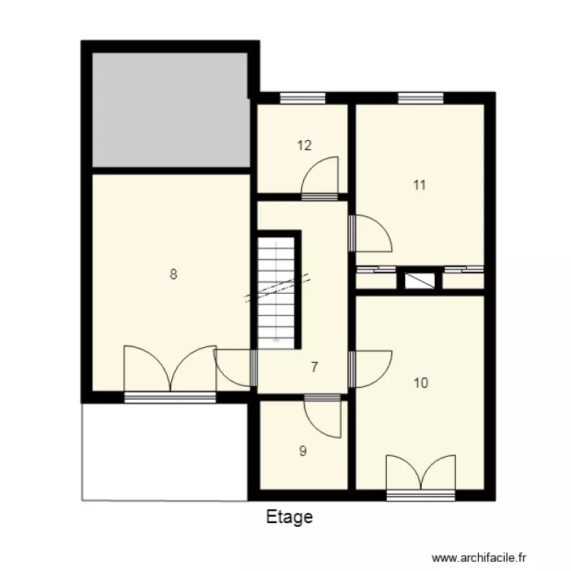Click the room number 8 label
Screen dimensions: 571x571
click(174, 275)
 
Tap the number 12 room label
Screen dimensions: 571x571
click(305, 145)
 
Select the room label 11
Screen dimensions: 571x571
click(419, 184)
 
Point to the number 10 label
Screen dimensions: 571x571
click(420, 383)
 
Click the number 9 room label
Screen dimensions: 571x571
click(303, 451)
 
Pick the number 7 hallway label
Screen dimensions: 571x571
click(314, 366)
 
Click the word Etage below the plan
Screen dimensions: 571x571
click(289, 518)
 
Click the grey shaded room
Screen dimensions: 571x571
click(170, 108)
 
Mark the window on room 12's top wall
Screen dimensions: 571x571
click(302, 97)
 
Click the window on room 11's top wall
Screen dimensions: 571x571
click(420, 97)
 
